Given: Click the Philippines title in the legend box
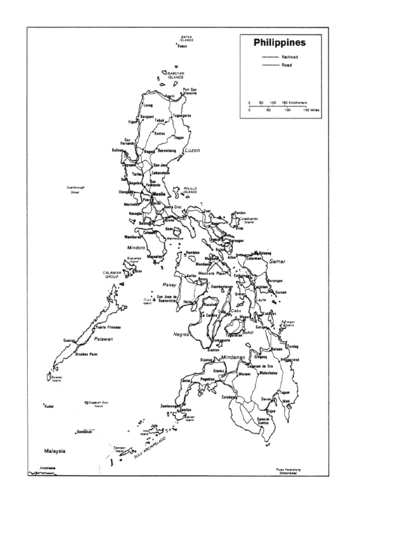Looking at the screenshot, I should coord(280,43).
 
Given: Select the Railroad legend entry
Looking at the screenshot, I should coord(290,57).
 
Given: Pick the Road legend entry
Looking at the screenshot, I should coord(286,65).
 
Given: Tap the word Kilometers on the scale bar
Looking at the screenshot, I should coord(298,102).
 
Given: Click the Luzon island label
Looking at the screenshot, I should coord(192,151).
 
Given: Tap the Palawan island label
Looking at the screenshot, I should coord(103,339).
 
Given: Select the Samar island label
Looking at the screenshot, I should coord(277,261).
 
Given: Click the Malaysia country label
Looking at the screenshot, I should coord(55,450).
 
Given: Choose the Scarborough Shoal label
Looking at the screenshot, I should coord(76,190).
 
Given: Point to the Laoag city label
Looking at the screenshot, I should coord(148,106).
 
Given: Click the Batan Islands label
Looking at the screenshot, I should coord(186,38).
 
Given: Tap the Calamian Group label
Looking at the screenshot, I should coord(114,275).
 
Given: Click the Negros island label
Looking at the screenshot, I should coord(181,334).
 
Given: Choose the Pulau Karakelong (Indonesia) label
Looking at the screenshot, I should coord(287,471).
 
